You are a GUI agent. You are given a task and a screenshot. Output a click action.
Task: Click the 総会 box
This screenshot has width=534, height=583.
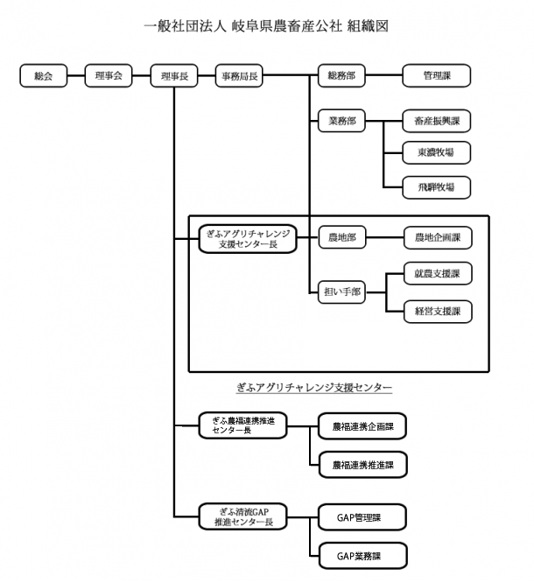point(44,76)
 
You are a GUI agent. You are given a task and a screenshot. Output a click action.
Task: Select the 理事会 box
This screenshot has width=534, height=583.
point(109,76)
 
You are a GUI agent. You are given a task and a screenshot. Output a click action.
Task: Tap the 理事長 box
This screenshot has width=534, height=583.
point(174,76)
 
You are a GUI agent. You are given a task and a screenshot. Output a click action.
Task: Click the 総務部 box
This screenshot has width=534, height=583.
point(341,76)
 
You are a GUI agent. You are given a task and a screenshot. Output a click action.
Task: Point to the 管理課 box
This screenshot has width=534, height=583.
point(436,76)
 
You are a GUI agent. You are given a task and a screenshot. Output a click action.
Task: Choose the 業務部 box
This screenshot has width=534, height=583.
point(341,122)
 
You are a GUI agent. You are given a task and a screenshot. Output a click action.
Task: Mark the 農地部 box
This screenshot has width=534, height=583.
point(341,236)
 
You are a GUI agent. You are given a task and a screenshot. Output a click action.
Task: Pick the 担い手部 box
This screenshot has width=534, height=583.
point(341,293)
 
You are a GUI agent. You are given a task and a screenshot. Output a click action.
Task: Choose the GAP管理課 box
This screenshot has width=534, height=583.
point(362,517)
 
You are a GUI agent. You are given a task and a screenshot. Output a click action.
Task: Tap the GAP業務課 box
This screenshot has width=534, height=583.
point(362,556)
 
